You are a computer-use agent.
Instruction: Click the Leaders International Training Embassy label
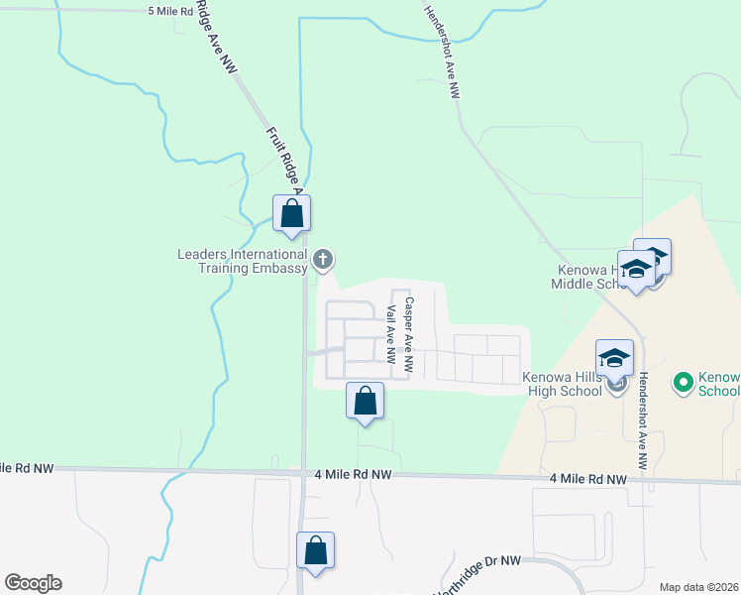[x=242, y=261]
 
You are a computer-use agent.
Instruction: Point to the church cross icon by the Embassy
[x=322, y=261]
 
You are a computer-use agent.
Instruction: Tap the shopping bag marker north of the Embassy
[x=292, y=213]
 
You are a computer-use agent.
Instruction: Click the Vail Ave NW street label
[x=390, y=332]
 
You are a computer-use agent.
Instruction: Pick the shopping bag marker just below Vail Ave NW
[x=365, y=403]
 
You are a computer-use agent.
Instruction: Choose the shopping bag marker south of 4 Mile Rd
[x=315, y=550]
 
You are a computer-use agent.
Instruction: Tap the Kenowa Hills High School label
[x=563, y=384]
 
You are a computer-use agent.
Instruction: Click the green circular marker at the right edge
[x=682, y=381]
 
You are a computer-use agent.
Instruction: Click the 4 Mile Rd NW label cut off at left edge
[x=28, y=467]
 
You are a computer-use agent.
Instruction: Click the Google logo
[x=33, y=583]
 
